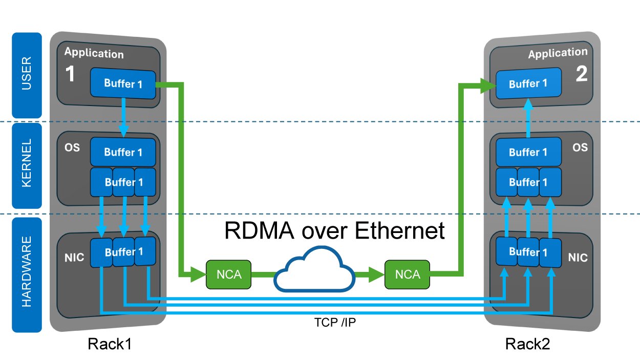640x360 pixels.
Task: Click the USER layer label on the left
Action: (x=27, y=75)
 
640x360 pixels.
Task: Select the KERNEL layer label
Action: (x=27, y=164)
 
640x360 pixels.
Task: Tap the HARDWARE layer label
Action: (x=27, y=272)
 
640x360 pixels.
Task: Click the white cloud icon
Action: (x=314, y=271)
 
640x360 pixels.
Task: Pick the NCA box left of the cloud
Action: (x=229, y=274)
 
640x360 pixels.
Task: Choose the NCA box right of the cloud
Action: (x=408, y=274)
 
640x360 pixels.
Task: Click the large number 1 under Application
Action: (x=71, y=75)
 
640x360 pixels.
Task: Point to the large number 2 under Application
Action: (x=582, y=75)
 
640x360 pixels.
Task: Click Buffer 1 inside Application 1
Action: (x=123, y=83)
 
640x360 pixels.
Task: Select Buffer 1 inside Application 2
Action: (x=528, y=83)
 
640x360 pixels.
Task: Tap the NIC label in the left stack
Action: (x=74, y=258)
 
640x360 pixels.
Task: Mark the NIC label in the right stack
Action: (x=578, y=258)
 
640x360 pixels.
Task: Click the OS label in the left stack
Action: (x=72, y=147)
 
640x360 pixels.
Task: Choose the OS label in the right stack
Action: (x=580, y=147)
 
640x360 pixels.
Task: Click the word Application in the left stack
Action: (x=94, y=53)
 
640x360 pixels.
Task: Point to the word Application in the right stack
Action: (x=558, y=53)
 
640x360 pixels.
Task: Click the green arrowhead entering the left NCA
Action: (x=198, y=274)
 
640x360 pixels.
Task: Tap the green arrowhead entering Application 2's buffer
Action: (x=487, y=86)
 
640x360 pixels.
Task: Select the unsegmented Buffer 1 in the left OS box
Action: (x=123, y=152)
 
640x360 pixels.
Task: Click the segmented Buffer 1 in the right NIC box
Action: (x=528, y=252)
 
